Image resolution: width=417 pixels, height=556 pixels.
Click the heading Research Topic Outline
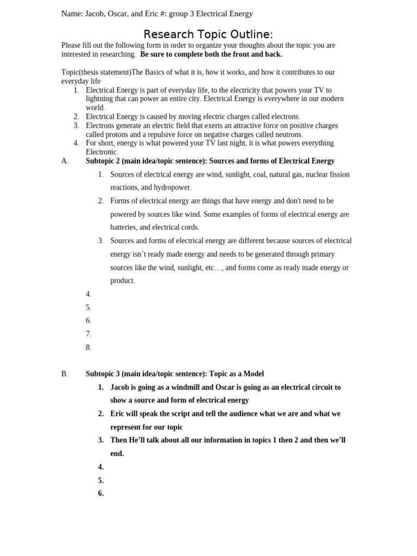[208, 34]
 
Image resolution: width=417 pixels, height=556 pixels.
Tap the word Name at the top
[71, 14]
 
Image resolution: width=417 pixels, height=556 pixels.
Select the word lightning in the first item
[100, 99]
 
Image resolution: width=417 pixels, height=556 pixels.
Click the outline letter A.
[65, 161]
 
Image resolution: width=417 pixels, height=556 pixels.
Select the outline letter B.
[65, 374]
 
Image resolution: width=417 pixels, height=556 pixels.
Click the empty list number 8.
[88, 347]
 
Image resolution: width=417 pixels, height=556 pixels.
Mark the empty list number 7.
[88, 334]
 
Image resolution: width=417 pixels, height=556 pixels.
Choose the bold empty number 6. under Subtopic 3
[100, 494]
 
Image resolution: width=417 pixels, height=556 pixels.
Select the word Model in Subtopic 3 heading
[252, 374]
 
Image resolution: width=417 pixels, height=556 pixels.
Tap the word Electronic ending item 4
[101, 152]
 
